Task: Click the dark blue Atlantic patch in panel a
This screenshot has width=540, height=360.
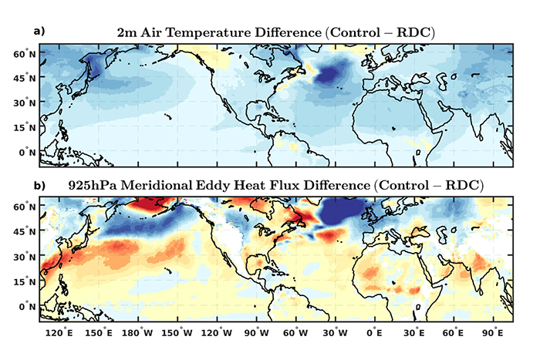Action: pos(333,75)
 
